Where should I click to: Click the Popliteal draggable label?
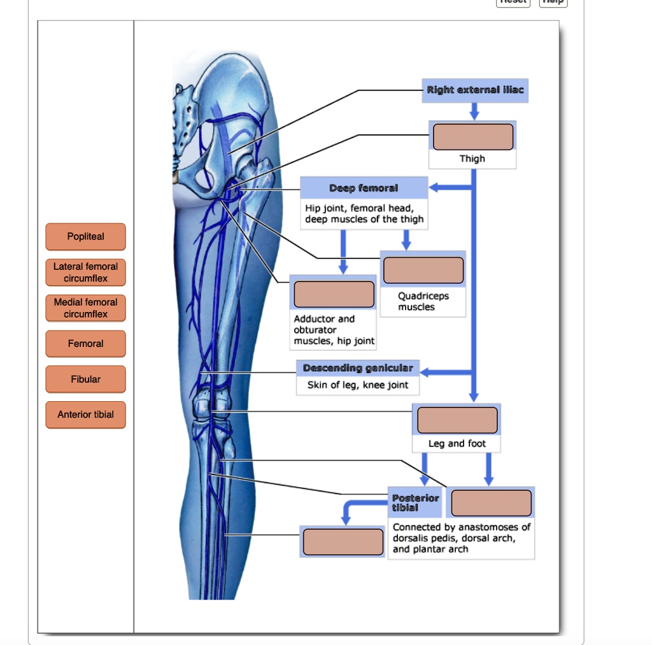(85, 237)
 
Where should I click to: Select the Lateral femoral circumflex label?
(85, 273)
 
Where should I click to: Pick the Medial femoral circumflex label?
(85, 308)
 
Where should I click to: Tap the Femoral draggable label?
(85, 344)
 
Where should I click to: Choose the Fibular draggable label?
(85, 379)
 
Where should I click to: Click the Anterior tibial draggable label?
(85, 415)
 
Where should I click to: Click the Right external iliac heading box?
(475, 90)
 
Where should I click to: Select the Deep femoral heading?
(364, 188)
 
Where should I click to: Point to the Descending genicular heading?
(358, 369)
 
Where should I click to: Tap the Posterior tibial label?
(415, 503)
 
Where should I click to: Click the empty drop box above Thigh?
(473, 137)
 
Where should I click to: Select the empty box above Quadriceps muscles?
(423, 270)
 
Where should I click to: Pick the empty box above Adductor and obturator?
(334, 294)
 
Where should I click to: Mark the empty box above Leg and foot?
(457, 420)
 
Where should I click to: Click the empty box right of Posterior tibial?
(491, 503)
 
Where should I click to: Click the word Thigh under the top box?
(472, 159)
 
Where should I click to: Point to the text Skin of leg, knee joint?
(358, 385)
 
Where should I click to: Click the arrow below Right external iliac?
(473, 111)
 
